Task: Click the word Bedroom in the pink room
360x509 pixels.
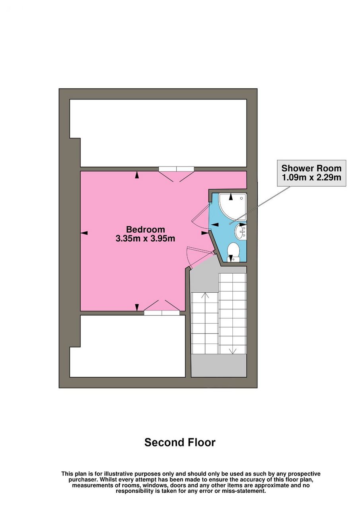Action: [x=146, y=229]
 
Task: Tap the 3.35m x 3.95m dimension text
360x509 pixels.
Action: [x=146, y=239]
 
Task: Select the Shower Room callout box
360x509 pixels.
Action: [x=311, y=173]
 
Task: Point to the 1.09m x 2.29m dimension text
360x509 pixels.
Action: [x=311, y=177]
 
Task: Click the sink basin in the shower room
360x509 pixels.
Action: [x=240, y=231]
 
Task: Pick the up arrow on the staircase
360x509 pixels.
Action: [x=205, y=295]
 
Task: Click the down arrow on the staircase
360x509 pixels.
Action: [x=232, y=351]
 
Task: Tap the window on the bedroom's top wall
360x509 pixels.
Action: [x=176, y=169]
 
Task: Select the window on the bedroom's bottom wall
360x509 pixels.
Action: [x=162, y=313]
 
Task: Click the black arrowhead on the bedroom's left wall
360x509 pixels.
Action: [x=84, y=233]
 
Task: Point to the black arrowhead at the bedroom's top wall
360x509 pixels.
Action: [x=136, y=175]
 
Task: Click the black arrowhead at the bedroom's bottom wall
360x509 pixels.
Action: [x=136, y=307]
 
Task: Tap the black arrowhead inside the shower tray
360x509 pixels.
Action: [x=231, y=197]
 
